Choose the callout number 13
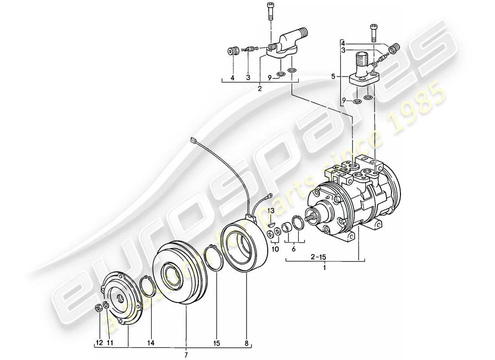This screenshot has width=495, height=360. click(271, 210)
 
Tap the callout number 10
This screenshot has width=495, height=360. click(274, 249)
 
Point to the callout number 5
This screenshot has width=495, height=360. click(333, 77)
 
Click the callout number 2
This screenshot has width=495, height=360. click(260, 89)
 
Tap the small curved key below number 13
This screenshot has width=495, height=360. click(270, 220)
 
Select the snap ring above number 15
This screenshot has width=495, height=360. click(216, 257)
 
